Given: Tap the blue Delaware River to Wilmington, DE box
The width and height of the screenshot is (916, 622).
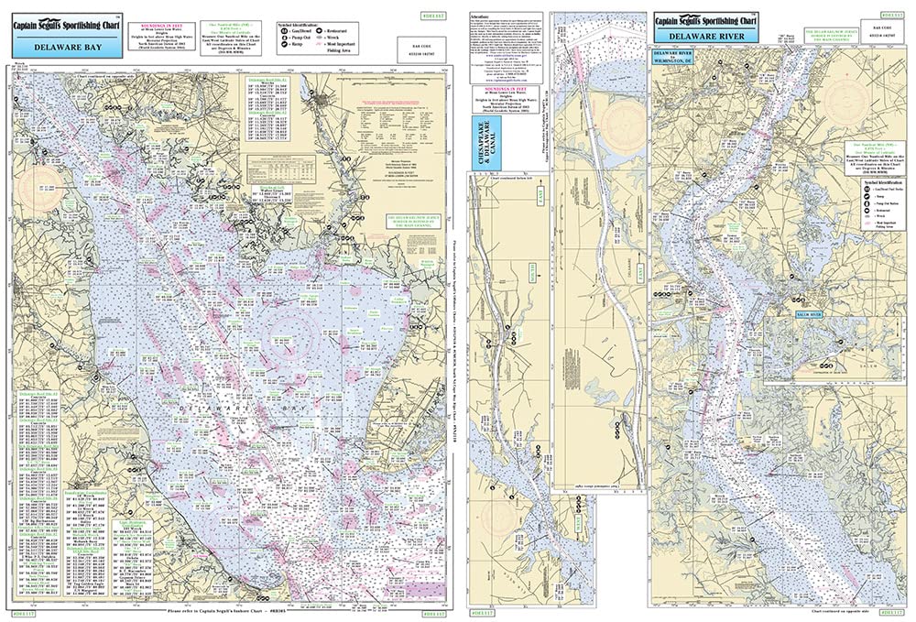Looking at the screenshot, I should tap(675, 58).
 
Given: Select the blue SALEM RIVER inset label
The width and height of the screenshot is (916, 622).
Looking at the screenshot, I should tap(789, 316).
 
